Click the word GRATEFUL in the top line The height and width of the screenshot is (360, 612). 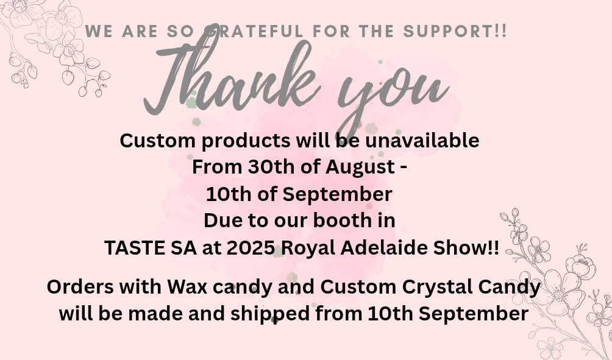coord(254,31)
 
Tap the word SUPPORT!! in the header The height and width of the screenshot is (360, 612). coord(455,31)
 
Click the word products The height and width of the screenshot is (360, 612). coord(246,141)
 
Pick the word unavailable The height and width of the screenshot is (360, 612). coord(422,141)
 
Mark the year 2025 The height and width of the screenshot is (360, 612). coord(251,248)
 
